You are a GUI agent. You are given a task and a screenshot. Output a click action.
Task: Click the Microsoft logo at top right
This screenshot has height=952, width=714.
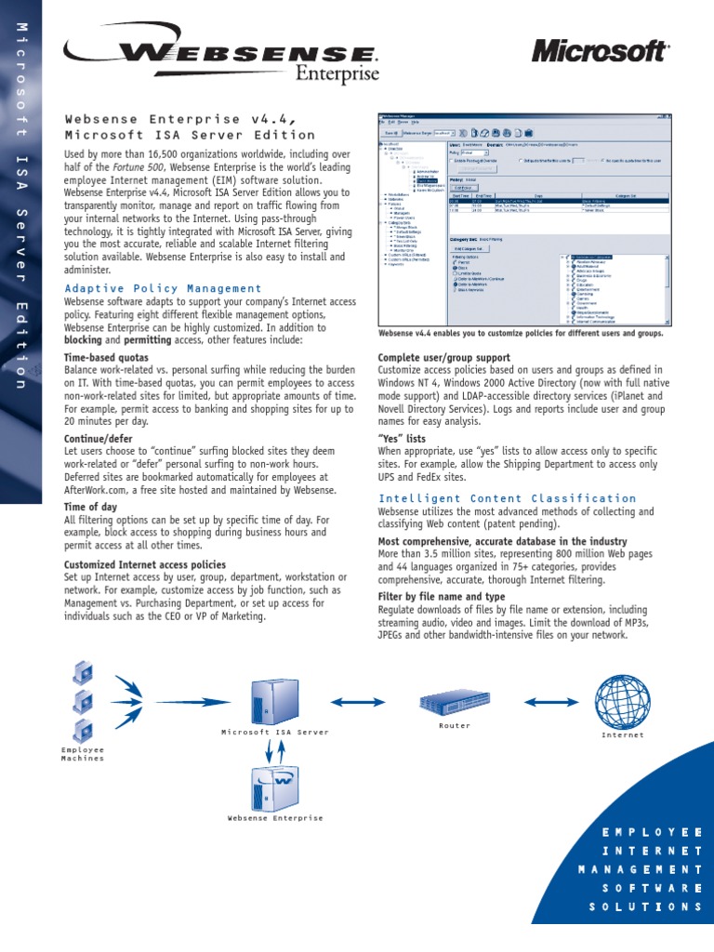click(x=600, y=51)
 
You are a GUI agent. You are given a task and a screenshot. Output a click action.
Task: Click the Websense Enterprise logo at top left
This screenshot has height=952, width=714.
click(x=221, y=58)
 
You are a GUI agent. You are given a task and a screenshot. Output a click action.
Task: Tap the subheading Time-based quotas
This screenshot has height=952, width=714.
click(x=106, y=357)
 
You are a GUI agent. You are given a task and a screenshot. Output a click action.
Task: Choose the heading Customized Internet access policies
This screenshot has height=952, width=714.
click(x=144, y=564)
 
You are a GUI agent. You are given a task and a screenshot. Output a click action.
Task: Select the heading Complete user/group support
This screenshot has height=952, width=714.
click(x=443, y=358)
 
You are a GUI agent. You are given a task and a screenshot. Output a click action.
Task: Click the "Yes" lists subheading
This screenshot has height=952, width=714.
click(x=402, y=438)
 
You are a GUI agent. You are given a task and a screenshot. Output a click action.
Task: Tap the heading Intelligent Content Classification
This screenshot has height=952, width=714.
click(x=507, y=498)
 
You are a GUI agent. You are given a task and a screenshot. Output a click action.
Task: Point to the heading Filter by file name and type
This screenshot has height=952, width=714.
click(x=442, y=596)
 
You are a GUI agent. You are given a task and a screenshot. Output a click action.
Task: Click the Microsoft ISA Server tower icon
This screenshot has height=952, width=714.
click(x=274, y=702)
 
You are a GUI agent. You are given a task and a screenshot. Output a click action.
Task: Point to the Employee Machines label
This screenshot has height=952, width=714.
click(x=83, y=753)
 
